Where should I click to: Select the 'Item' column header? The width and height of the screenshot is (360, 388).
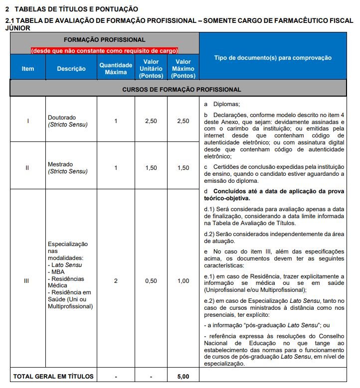(28, 69)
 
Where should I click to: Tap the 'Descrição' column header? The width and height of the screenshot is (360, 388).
(71, 69)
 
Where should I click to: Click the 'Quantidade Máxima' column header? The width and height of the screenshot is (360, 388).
(116, 69)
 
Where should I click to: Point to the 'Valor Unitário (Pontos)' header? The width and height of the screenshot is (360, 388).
(151, 69)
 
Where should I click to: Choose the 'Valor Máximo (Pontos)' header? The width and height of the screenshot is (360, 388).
(183, 69)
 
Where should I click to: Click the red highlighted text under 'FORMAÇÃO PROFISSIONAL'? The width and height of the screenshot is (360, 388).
(105, 50)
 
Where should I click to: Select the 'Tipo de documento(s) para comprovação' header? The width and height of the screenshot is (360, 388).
(272, 58)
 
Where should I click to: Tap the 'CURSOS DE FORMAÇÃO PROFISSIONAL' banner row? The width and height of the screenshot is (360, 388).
(181, 90)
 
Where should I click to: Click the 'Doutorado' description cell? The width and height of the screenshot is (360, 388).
(67, 121)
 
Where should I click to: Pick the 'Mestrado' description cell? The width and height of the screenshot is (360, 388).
(67, 168)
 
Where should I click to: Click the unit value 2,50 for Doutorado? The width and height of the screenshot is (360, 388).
(151, 121)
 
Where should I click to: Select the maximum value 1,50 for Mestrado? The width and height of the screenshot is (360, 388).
(183, 168)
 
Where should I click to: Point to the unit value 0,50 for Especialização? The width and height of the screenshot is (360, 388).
(151, 281)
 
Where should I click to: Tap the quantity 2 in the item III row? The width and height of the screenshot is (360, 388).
(116, 281)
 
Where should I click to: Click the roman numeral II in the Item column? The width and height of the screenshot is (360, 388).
(27, 168)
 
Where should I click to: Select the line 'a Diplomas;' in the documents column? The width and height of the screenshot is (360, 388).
(222, 105)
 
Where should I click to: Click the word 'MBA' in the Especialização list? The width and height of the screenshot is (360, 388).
(57, 272)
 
